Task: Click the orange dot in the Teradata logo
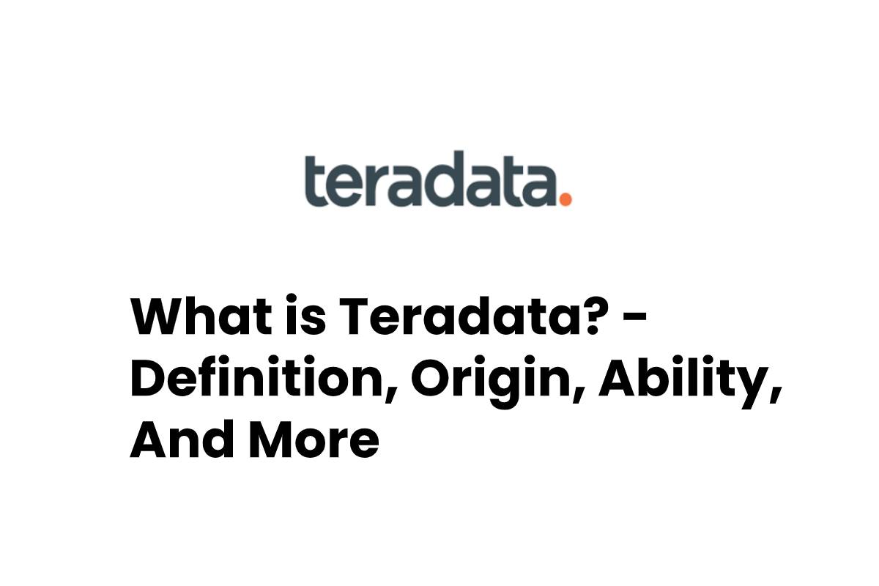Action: click(565, 199)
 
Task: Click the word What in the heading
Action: click(201, 316)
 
